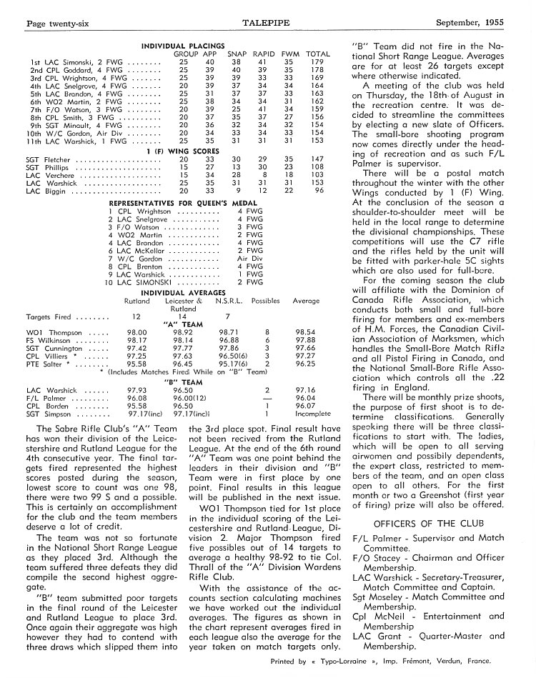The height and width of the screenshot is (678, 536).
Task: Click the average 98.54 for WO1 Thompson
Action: click(306, 332)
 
